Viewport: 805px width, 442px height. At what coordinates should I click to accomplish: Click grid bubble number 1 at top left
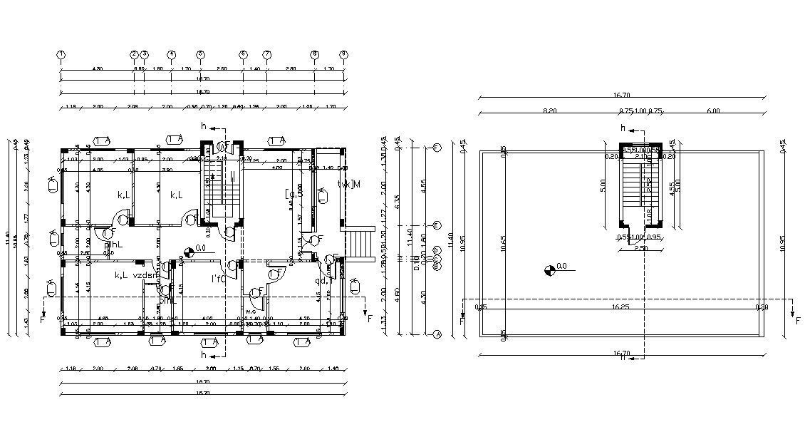pos(61,54)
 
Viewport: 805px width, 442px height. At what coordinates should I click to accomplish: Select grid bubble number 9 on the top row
pos(343,54)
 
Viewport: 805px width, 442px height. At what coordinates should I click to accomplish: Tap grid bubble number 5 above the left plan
pos(200,54)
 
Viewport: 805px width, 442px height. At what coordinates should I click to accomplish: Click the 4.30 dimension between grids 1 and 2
pos(97,68)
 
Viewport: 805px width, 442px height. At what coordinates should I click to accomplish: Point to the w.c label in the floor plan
pos(251,312)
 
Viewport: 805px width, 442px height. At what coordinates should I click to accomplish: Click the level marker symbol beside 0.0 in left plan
pos(189,251)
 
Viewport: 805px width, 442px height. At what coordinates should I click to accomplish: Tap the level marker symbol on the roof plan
pos(550,269)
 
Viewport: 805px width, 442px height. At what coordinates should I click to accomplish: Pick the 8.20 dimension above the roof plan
pos(549,110)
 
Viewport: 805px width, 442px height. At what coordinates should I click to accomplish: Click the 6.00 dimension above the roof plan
pos(713,110)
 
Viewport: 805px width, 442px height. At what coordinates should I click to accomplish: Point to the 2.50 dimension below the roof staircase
pos(642,248)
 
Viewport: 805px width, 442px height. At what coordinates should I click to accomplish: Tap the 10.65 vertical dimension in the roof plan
pos(504,244)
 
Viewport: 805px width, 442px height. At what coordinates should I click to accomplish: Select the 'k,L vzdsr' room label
pos(134,274)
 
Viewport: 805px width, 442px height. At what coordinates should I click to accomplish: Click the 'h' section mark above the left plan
pos(204,126)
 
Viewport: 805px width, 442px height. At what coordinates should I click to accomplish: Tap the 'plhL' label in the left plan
pos(114,245)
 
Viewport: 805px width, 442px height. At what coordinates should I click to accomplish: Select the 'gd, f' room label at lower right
pos(325,280)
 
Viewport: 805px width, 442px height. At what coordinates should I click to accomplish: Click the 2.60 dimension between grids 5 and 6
pos(222,68)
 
